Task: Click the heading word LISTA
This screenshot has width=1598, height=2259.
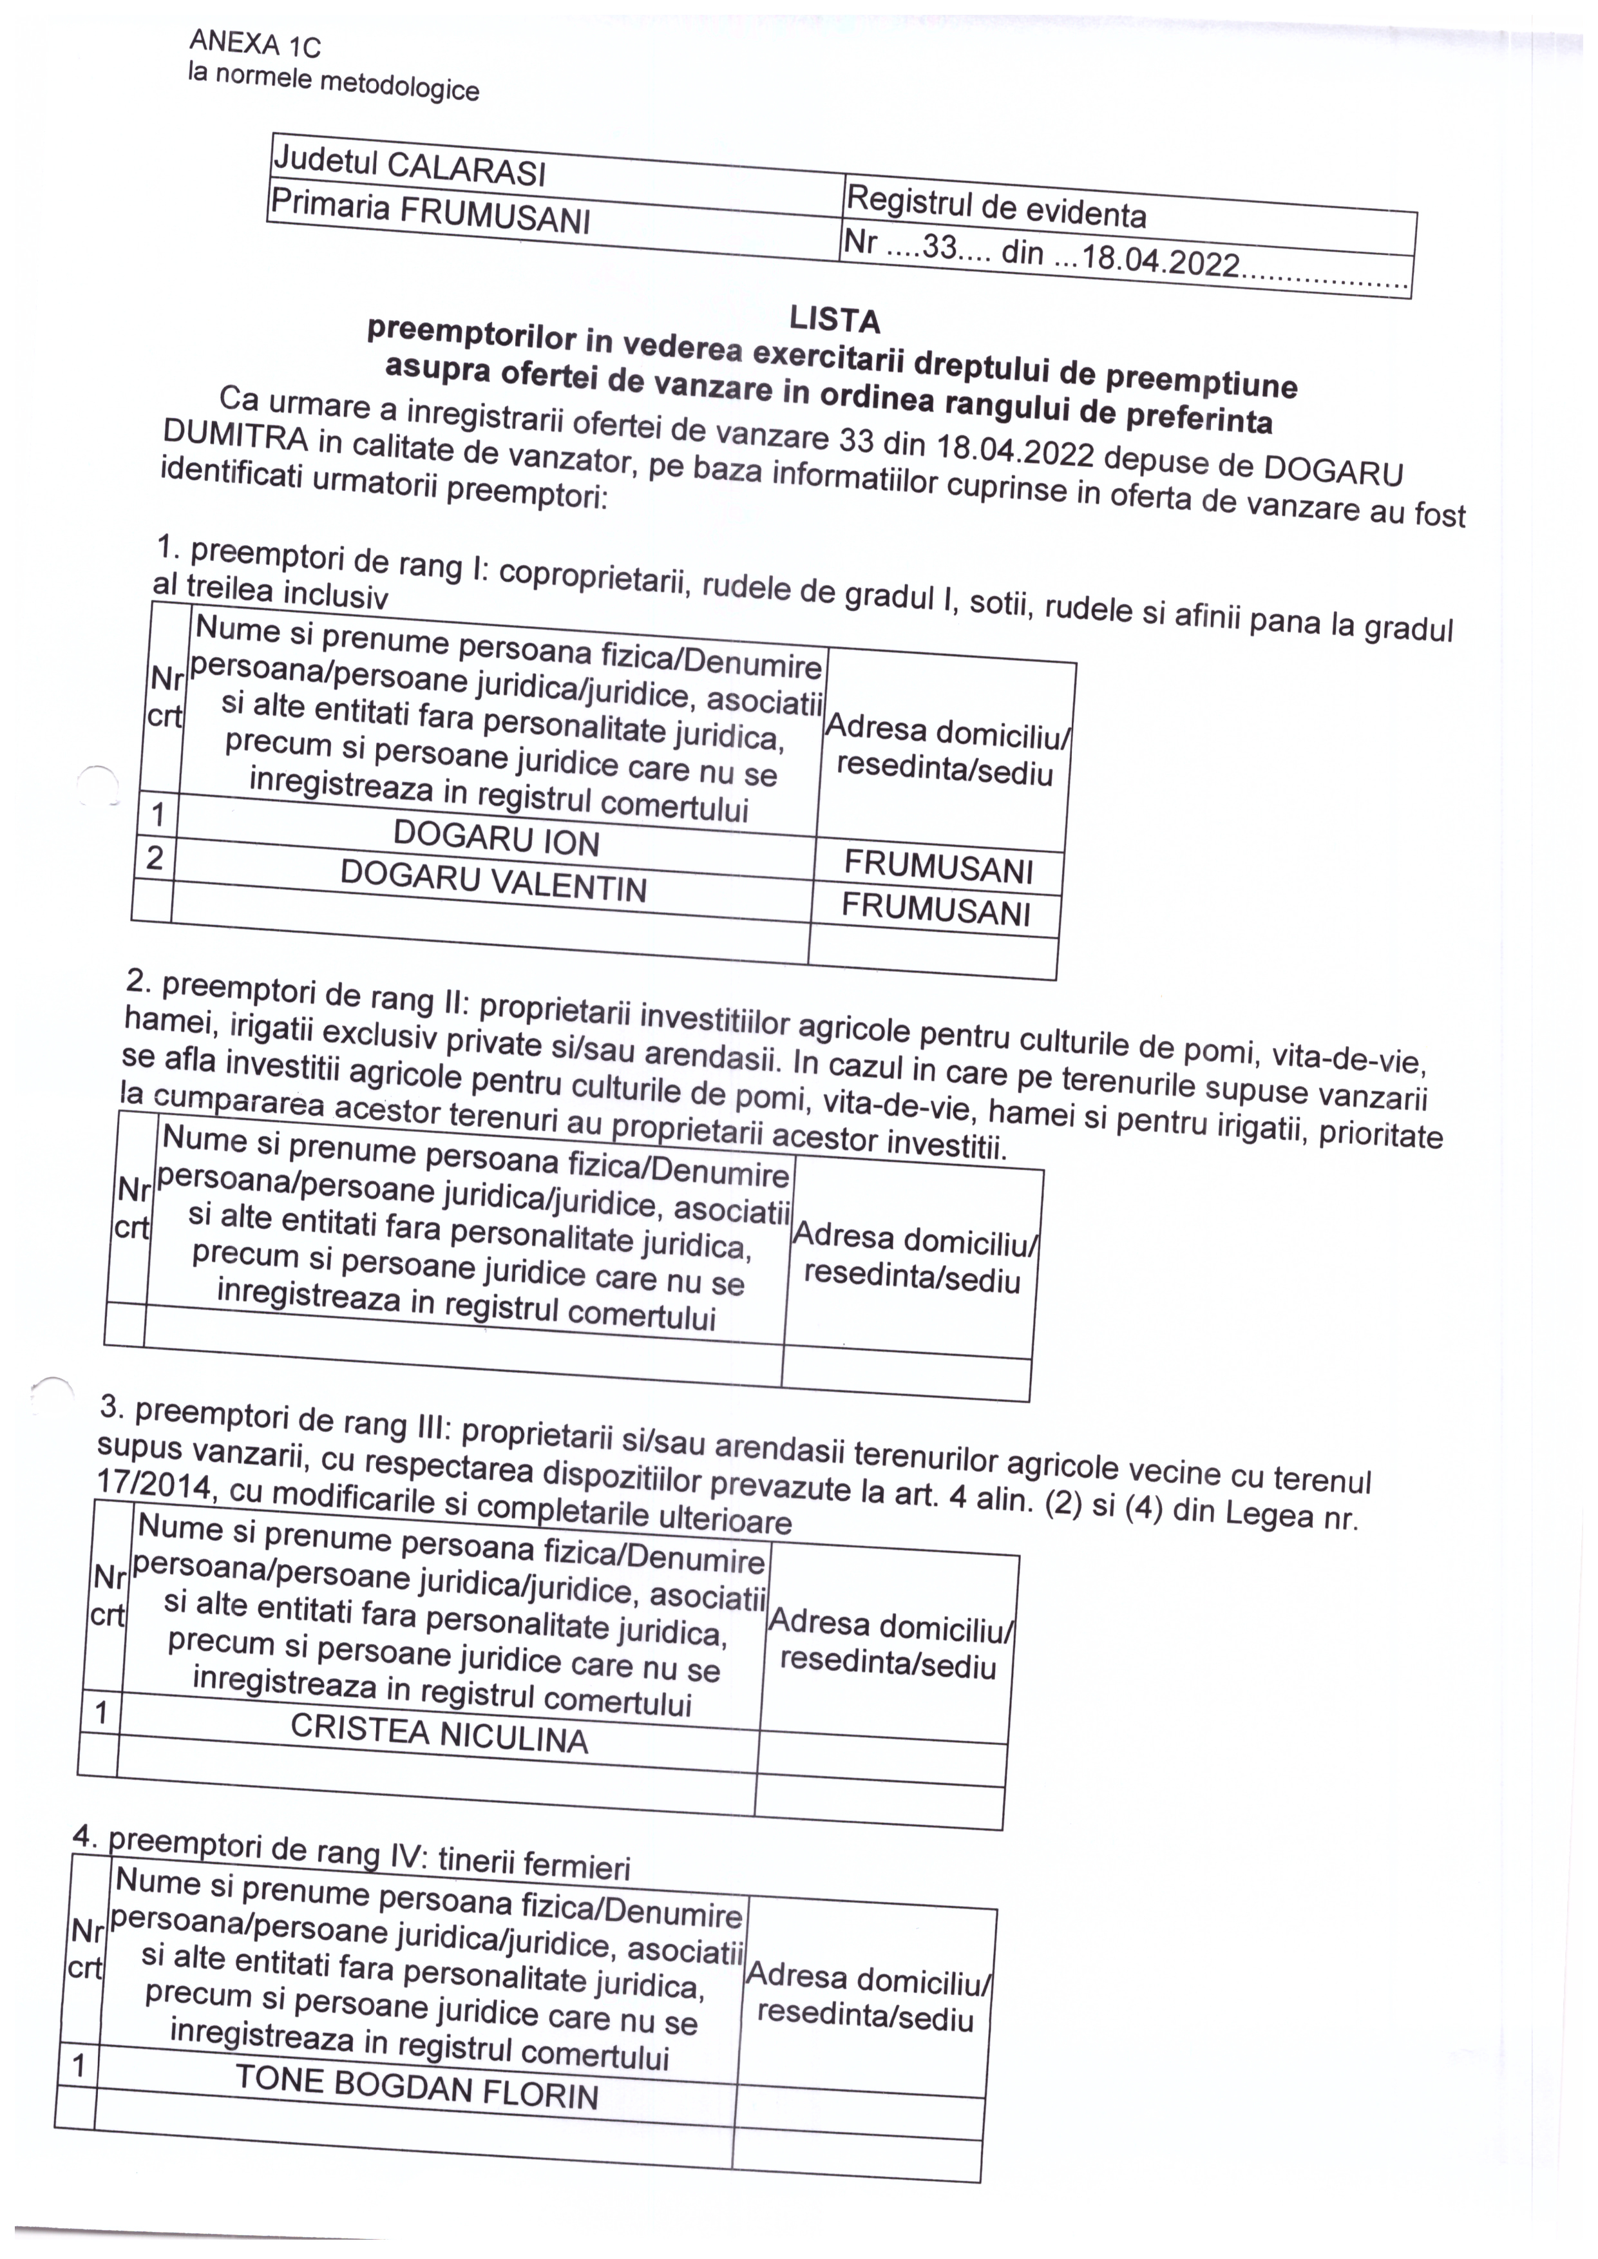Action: tap(833, 319)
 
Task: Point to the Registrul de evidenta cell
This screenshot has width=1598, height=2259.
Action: tap(996, 207)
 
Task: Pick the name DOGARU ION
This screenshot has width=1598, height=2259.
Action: tap(496, 838)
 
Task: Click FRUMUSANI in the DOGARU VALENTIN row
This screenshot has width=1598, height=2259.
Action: tap(936, 909)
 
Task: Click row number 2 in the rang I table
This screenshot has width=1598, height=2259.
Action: tap(155, 858)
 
